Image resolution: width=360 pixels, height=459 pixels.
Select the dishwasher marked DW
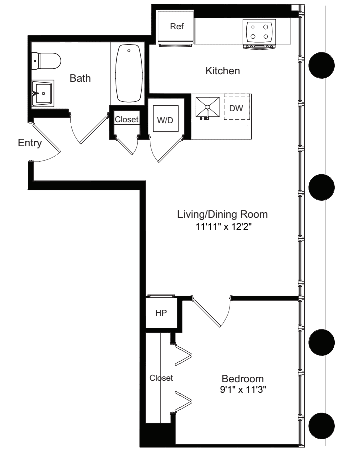(236, 108)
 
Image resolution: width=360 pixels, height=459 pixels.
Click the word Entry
(29, 143)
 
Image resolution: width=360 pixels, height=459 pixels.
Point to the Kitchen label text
(222, 71)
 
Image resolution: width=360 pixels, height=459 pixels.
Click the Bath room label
(80, 79)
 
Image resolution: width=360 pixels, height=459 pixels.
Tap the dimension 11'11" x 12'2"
(223, 226)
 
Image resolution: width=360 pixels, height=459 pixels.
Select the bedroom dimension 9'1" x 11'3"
(243, 389)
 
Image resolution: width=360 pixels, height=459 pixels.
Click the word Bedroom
(243, 378)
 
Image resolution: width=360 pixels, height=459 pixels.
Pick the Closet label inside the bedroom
(161, 378)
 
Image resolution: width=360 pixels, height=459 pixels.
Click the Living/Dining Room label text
(223, 214)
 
